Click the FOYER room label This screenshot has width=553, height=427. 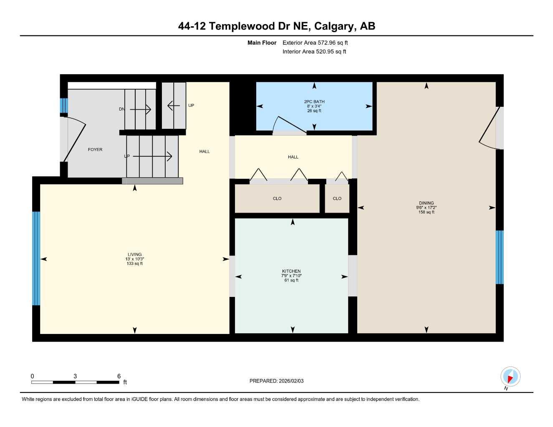click(x=95, y=149)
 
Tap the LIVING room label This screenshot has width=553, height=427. click(x=134, y=254)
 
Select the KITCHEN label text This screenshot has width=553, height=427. click(x=291, y=271)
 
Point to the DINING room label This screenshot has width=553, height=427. click(x=426, y=203)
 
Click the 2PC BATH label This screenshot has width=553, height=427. click(x=314, y=101)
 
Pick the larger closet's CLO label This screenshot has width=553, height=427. click(x=277, y=198)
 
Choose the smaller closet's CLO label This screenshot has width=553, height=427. click(x=337, y=198)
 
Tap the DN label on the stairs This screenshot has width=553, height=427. click(x=122, y=109)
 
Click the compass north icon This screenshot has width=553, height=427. click(x=510, y=377)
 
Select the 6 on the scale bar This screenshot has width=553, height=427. click(x=119, y=376)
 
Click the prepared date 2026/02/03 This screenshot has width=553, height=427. click(x=290, y=381)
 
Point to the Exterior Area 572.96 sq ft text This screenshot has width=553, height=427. click(x=315, y=43)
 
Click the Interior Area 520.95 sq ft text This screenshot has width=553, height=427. click(x=314, y=52)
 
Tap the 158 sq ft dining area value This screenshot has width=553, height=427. click(x=426, y=212)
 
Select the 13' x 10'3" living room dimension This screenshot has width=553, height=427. click(x=134, y=259)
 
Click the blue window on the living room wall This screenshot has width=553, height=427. click(x=36, y=258)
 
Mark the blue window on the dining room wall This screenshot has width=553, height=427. click(x=499, y=257)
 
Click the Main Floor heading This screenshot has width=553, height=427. click(x=262, y=43)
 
